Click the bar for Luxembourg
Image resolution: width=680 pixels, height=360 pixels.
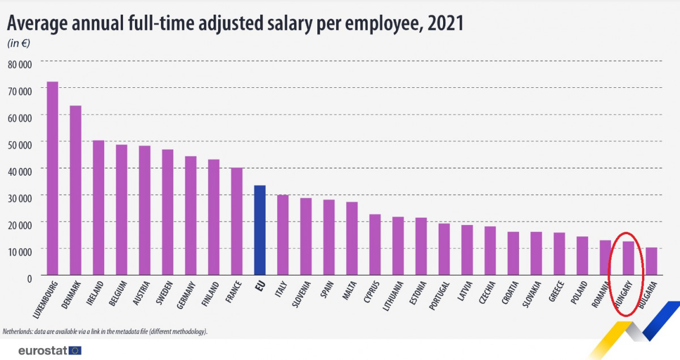(52, 179)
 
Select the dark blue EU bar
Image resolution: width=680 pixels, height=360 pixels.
(260, 230)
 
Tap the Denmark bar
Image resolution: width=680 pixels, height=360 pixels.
(75, 190)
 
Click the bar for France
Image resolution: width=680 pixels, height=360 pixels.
(237, 221)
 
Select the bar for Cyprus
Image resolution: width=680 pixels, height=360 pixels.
(375, 244)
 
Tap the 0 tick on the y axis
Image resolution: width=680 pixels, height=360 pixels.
(28, 277)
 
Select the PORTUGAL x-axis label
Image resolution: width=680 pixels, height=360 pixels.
(440, 295)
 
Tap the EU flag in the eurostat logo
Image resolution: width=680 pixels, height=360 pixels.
(75, 350)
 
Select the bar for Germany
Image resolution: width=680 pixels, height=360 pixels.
(190, 215)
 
